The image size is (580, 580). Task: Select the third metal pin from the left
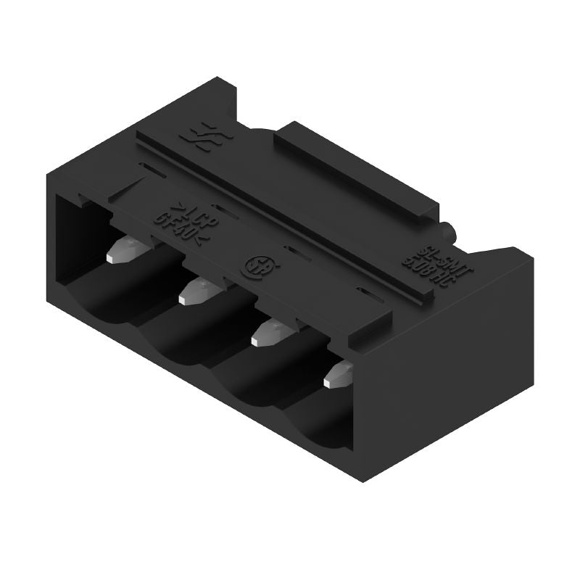coord(269,332)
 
